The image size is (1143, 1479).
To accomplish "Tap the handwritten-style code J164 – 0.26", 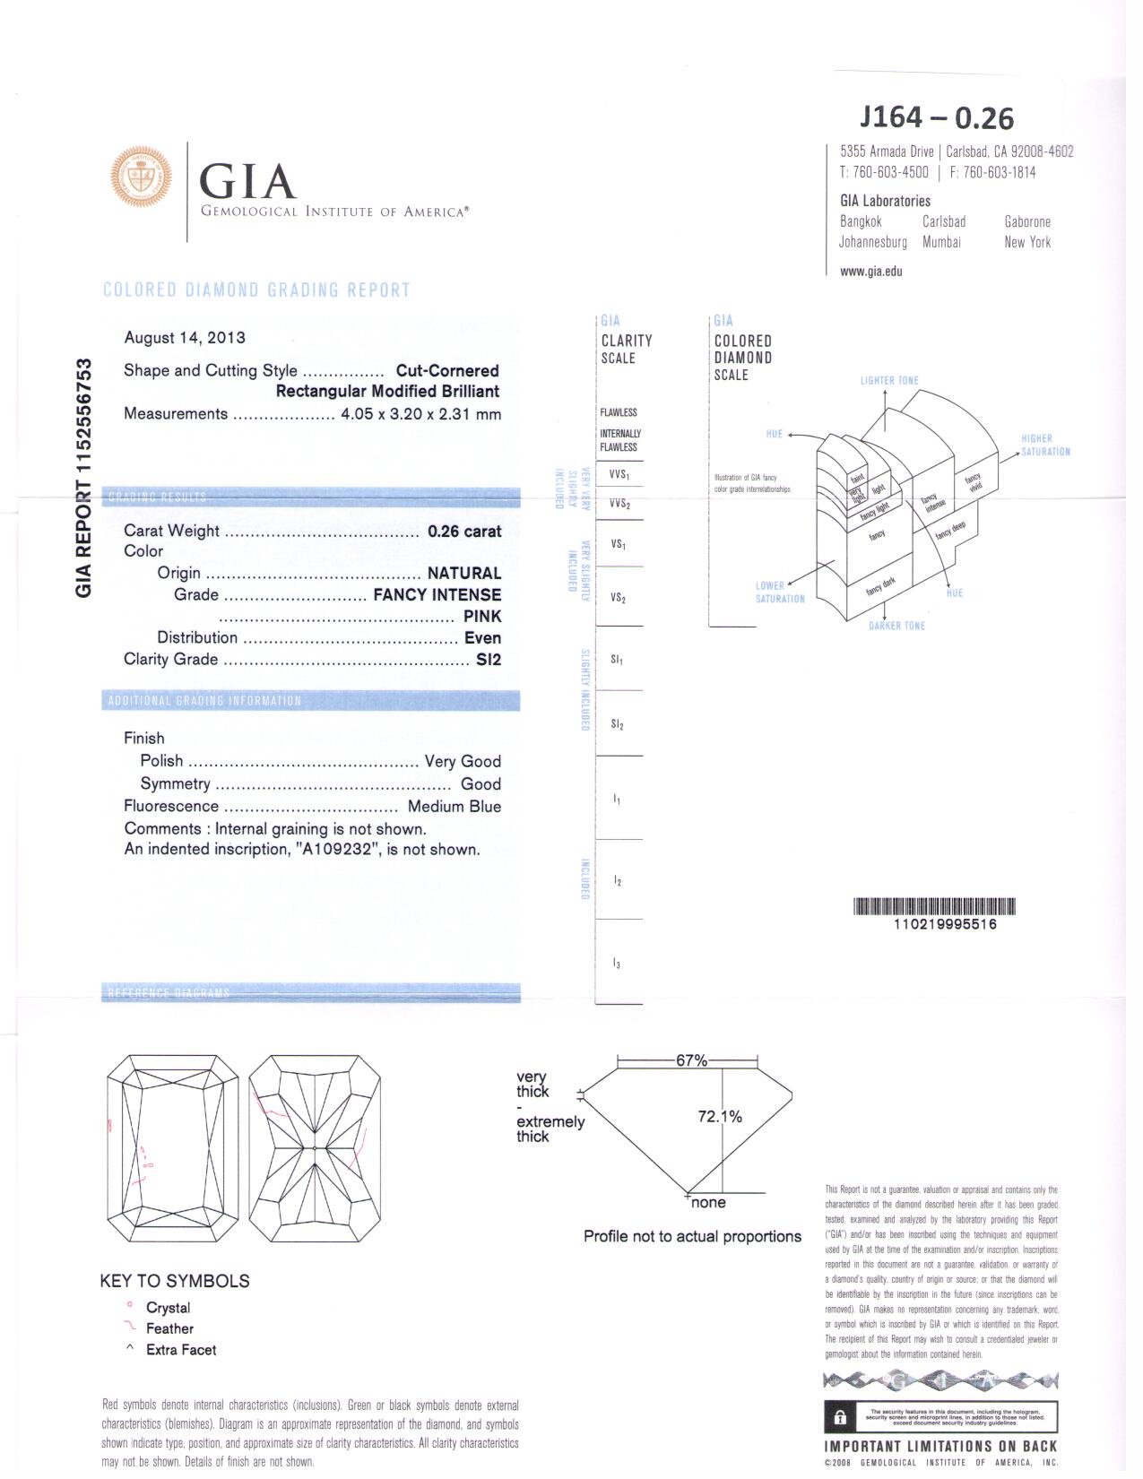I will [936, 117].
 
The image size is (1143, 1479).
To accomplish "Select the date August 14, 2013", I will [185, 338].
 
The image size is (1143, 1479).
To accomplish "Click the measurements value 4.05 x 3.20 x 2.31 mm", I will [420, 414].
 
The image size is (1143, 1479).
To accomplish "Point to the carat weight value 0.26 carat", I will [463, 532].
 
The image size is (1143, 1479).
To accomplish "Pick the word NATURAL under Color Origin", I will [463, 574].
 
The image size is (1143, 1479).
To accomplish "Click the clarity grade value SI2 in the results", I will [488, 660].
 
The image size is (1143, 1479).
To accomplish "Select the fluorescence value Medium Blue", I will [454, 807].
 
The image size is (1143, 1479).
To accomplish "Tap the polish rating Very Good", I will [462, 762].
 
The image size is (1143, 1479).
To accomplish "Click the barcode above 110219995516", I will [934, 906].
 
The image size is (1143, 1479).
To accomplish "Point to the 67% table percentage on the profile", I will [691, 1060].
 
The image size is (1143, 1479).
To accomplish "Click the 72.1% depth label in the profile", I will [720, 1117].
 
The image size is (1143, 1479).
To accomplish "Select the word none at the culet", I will [708, 1203].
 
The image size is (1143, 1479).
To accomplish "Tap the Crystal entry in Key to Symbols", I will [168, 1309].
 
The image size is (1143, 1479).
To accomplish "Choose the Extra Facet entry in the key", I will [180, 1350].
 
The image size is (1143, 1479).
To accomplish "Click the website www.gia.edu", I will [870, 272].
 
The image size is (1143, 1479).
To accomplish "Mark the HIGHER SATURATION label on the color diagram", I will [1044, 445].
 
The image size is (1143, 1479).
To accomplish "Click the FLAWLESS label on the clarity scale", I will [618, 413].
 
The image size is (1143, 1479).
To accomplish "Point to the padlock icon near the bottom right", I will [840, 1418].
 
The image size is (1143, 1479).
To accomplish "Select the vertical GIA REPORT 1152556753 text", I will [83, 478].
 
